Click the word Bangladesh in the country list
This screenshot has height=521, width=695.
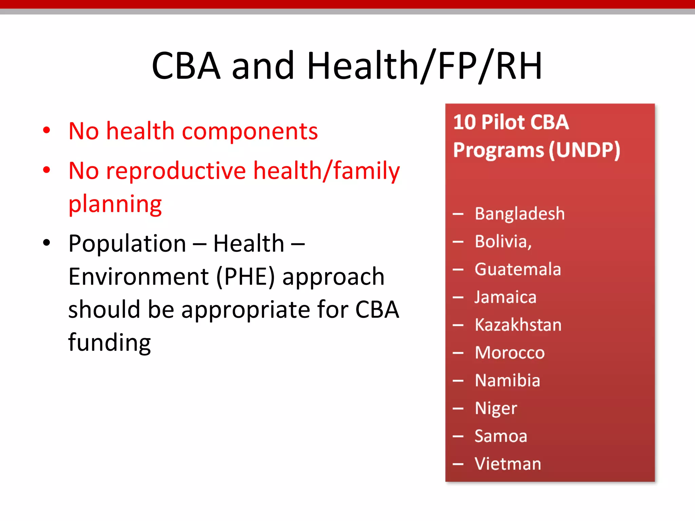pyautogui.click(x=520, y=214)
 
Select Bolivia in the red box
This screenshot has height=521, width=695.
pyautogui.click(x=503, y=242)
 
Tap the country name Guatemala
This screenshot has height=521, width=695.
pyautogui.click(x=518, y=270)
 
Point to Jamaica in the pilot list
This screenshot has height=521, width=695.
pyautogui.click(x=505, y=297)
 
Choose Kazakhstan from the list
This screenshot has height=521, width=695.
pyautogui.click(x=518, y=325)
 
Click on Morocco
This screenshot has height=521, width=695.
pyautogui.click(x=510, y=353)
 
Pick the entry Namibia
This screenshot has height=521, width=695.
pyautogui.click(x=507, y=381)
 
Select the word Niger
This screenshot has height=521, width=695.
pyautogui.click(x=496, y=408)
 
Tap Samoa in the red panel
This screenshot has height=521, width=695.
pyautogui.click(x=501, y=436)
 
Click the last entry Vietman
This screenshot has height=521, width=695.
pyautogui.click(x=508, y=464)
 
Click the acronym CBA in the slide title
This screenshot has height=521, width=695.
pyautogui.click(x=186, y=66)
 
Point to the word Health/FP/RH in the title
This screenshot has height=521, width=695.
pyautogui.click(x=424, y=66)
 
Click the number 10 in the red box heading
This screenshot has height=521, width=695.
pyautogui.click(x=465, y=122)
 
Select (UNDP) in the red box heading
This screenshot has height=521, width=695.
pyautogui.click(x=584, y=150)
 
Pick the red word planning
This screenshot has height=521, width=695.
pyautogui.click(x=115, y=204)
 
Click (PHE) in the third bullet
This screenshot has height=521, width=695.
pyautogui.click(x=245, y=277)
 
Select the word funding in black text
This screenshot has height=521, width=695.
pyautogui.click(x=109, y=343)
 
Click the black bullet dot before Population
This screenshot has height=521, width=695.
pyautogui.click(x=47, y=243)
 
